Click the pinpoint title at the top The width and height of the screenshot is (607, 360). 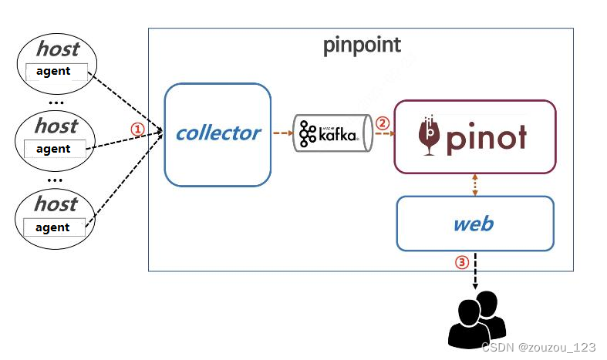[x=362, y=45]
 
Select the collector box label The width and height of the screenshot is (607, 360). [x=218, y=133]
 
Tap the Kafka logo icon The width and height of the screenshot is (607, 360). [x=308, y=133]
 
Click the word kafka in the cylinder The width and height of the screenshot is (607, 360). [x=338, y=134]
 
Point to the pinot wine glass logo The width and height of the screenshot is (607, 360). [x=430, y=136]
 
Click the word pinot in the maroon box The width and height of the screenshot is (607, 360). [x=487, y=138]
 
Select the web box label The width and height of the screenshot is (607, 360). [x=474, y=224]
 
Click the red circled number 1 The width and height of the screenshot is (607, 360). [x=137, y=129]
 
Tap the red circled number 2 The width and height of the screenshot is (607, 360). [x=383, y=123]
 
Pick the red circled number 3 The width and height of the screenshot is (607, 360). [x=462, y=262]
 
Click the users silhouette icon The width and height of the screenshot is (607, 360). [x=477, y=320]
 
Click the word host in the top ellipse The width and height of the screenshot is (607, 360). [x=58, y=49]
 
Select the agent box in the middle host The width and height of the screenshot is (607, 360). [x=55, y=149]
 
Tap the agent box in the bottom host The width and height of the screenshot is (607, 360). [x=54, y=227]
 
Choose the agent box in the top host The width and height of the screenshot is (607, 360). [x=56, y=72]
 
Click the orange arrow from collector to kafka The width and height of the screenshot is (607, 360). [x=283, y=133]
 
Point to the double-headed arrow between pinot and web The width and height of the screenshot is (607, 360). [x=475, y=185]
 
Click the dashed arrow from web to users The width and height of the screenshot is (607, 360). [x=475, y=271]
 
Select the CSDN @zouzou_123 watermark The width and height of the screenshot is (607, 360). [x=538, y=347]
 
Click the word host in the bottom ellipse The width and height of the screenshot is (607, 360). [x=56, y=204]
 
